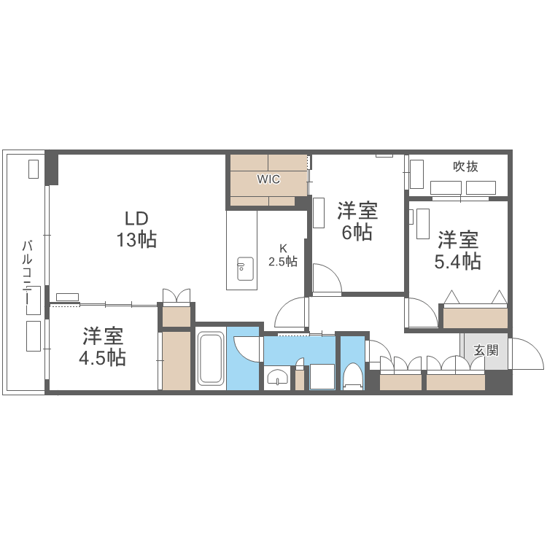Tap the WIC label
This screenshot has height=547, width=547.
(268, 179)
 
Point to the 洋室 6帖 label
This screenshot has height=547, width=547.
(357, 222)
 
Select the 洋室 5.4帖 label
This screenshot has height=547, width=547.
(458, 250)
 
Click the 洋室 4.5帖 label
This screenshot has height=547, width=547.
(103, 347)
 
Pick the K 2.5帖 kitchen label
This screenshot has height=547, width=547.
(282, 255)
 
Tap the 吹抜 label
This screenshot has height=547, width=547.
(465, 166)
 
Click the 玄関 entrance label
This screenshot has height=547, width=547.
(486, 349)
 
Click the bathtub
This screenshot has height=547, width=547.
(210, 358)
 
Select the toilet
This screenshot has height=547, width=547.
(353, 376)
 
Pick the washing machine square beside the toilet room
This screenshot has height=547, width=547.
(322, 377)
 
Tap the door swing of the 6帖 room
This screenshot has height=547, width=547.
(325, 279)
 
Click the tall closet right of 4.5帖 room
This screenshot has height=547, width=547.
(176, 360)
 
